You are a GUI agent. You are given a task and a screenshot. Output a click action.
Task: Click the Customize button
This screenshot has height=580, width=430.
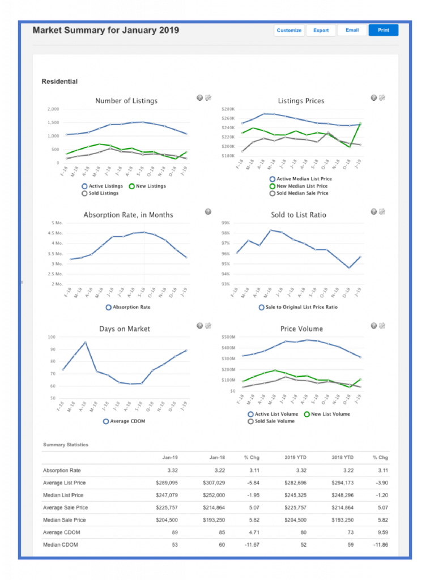(289, 30)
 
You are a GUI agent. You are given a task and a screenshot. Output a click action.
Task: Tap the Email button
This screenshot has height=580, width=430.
(352, 30)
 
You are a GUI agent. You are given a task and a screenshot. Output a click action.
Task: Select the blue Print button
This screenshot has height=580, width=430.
(384, 30)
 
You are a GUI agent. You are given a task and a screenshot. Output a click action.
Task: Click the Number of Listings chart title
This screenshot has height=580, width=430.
(126, 101)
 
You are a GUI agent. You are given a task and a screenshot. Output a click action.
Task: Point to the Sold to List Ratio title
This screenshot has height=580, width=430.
(302, 215)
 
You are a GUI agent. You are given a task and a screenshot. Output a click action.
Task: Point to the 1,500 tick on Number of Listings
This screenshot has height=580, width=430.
(53, 122)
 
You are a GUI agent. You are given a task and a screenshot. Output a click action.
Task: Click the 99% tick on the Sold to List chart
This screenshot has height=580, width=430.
(225, 223)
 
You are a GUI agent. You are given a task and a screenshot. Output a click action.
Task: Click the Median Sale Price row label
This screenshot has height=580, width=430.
(64, 520)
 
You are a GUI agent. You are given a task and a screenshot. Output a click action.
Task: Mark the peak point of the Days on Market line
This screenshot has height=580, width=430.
(85, 342)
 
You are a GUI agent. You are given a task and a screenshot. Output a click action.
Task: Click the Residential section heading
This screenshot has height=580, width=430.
(59, 82)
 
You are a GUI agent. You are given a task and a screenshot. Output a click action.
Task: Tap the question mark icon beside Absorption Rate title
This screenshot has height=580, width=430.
(208, 212)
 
